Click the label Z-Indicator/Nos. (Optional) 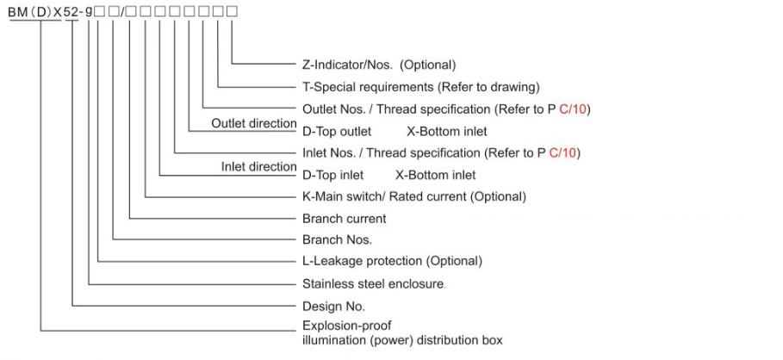tap(379, 65)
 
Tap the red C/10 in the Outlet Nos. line tap(572, 109)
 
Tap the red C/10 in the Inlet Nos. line tap(562, 152)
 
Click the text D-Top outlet tap(337, 131)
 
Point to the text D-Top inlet tap(333, 175)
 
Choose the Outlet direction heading tap(253, 123)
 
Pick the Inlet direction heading tap(258, 167)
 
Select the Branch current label tap(344, 219)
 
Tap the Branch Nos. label tap(337, 239)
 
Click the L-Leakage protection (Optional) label tap(392, 261)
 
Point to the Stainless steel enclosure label tap(373, 284)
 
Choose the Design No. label tap(333, 306)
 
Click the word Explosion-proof tap(346, 326)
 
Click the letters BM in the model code tap(18, 11)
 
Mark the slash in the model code tap(121, 11)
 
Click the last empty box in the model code tap(233, 11)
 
